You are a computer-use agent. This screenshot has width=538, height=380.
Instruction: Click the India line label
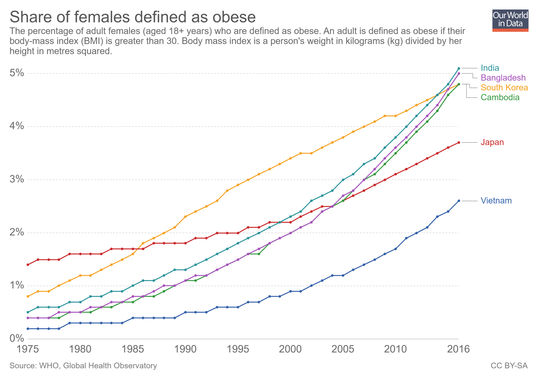pos(490,68)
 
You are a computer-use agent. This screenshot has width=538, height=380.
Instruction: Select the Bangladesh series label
pos(503,78)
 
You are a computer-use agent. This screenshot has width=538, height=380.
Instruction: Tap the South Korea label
pos(504,87)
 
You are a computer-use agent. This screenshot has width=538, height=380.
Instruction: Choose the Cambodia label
pos(500,97)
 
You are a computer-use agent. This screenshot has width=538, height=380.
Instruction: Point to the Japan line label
pos(492,142)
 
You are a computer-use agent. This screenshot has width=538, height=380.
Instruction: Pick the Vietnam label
pos(496,200)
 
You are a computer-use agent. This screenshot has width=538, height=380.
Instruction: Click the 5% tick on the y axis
pos(17,73)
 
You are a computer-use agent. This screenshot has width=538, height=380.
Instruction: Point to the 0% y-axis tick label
pos(17,338)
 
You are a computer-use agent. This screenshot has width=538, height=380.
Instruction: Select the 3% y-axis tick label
pos(17,179)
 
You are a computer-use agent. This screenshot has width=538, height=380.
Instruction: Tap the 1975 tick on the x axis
pos(28,349)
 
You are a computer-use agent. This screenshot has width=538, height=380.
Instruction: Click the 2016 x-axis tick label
pos(458,349)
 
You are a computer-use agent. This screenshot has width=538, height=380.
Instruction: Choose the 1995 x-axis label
pos(238,349)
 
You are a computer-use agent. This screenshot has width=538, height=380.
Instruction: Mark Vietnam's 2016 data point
pos(459,201)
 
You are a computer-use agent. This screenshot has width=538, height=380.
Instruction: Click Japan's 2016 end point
pos(459,142)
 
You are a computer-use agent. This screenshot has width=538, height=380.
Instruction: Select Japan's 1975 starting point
pos(28,265)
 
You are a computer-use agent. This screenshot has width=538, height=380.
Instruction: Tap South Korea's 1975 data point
pos(28,296)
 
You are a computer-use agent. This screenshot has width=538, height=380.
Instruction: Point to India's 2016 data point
pos(459,68)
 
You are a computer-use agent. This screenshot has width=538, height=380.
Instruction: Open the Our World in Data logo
pos(510,21)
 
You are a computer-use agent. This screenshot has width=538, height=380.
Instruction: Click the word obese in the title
pos(234,17)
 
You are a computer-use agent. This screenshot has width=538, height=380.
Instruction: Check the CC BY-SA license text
pos(509,365)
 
